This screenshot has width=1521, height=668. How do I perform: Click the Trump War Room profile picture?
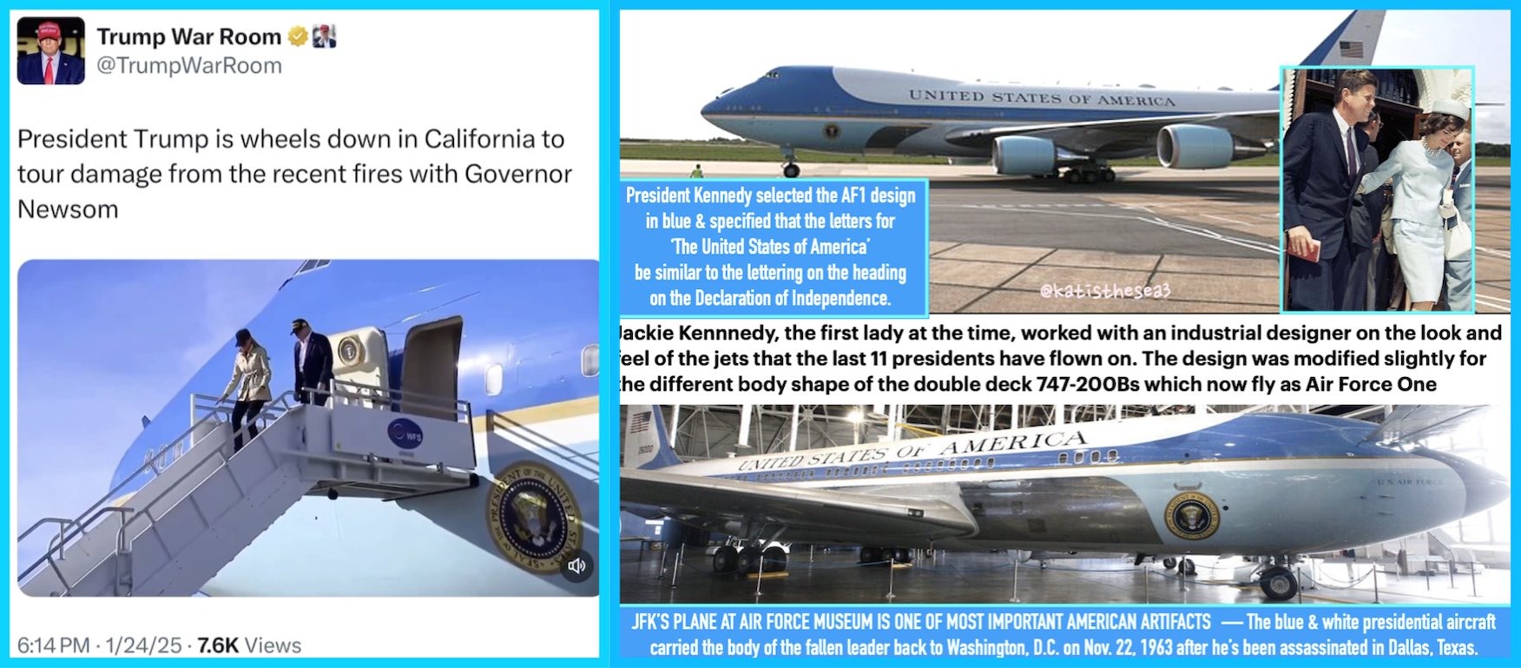click(51, 50)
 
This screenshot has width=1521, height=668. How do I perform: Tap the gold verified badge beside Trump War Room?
click(298, 36)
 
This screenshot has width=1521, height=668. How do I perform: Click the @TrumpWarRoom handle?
click(189, 66)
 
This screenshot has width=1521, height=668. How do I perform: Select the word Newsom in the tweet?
click(68, 209)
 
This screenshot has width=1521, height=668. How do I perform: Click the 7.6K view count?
click(218, 645)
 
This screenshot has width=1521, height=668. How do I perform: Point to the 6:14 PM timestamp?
click(54, 645)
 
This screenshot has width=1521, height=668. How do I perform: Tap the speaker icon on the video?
click(576, 566)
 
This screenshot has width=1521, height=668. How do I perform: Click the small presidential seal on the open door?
click(350, 351)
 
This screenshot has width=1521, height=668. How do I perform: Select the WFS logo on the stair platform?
click(405, 433)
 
